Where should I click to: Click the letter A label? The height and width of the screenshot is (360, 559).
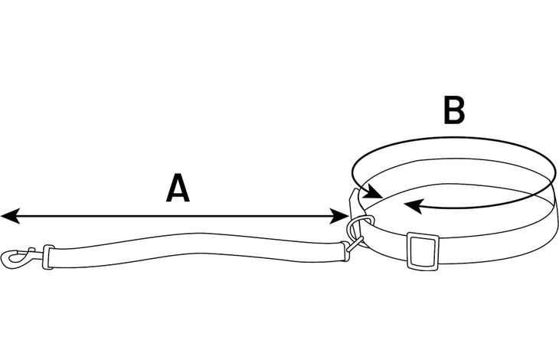[x=177, y=189]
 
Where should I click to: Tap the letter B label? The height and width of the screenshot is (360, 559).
[x=454, y=111]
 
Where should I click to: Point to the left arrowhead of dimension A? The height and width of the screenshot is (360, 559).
[x=8, y=217]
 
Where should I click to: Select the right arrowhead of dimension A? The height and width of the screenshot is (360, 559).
[x=343, y=218]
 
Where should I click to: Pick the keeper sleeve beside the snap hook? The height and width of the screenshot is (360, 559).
[x=49, y=257]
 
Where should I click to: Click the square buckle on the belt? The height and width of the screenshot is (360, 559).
[x=420, y=250]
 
